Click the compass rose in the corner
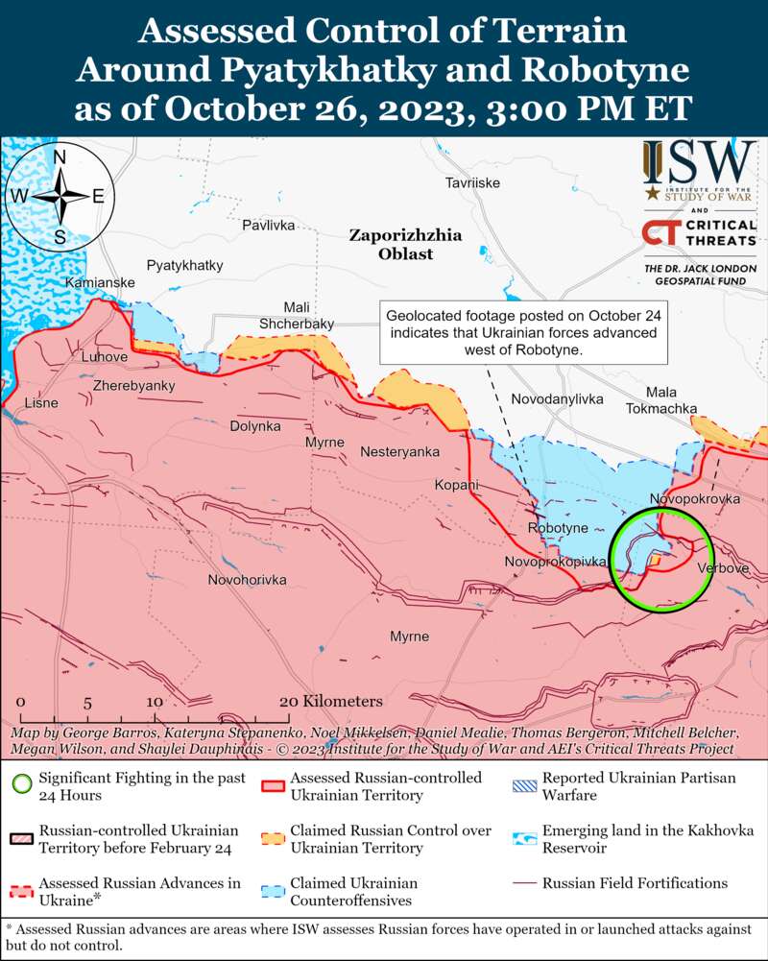(x=60, y=196)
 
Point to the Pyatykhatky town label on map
(x=184, y=264)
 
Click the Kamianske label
(x=100, y=283)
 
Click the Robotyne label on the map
(x=558, y=529)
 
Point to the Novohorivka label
(x=248, y=580)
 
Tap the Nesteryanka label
(x=399, y=451)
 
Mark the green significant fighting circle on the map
(x=661, y=561)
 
